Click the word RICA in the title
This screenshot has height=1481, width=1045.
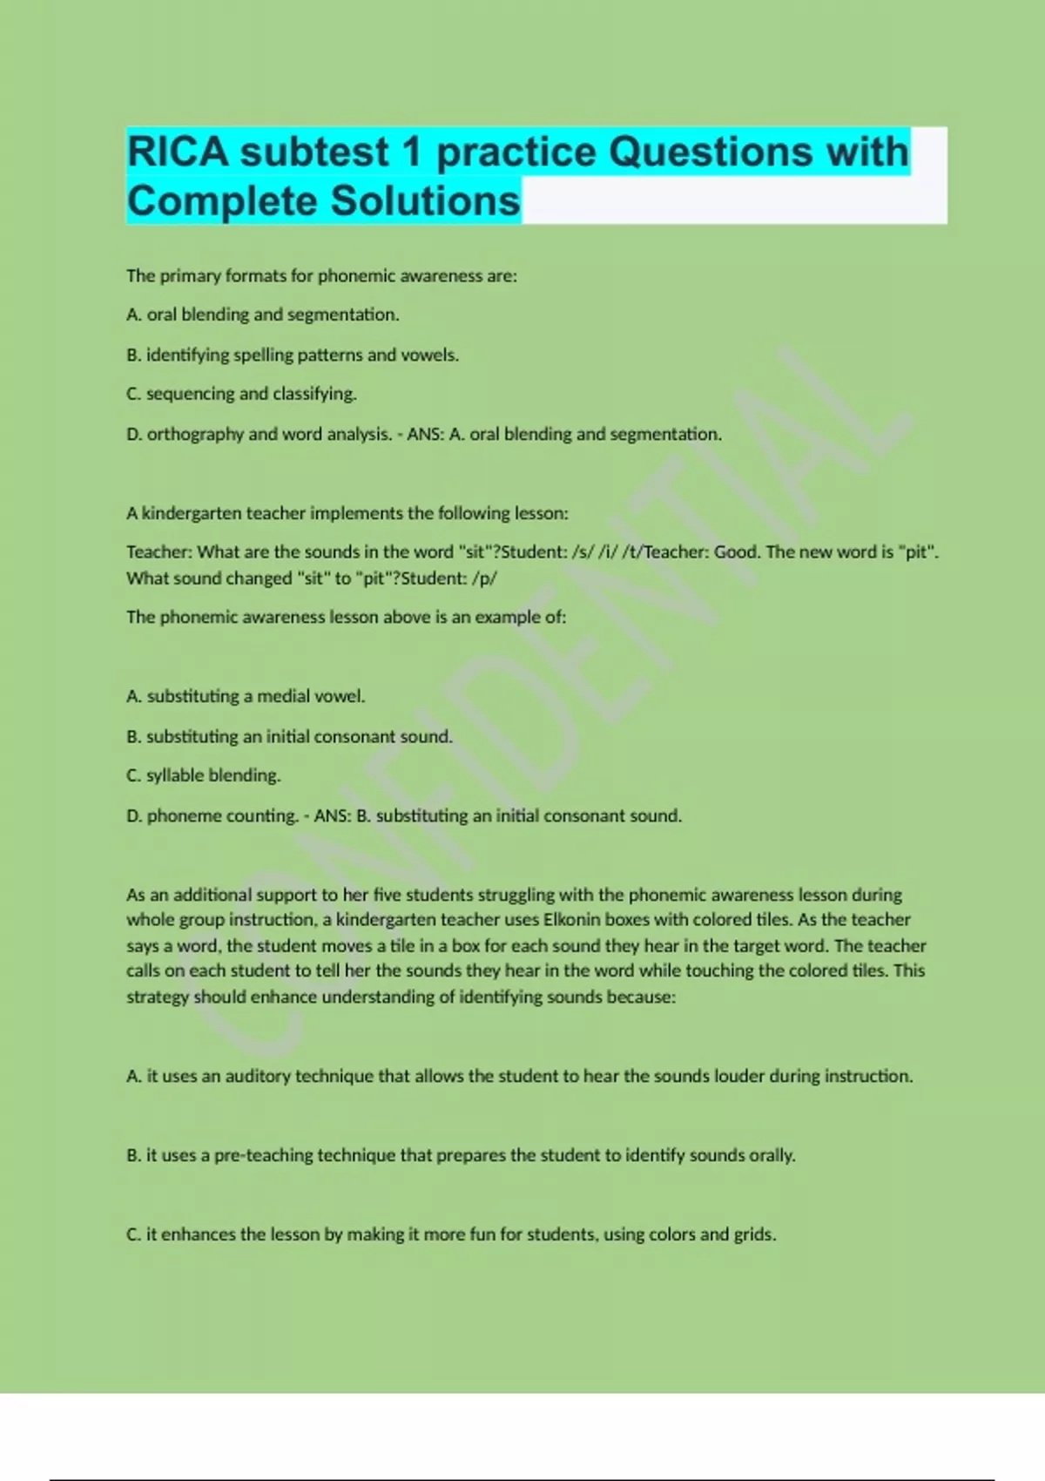click(x=179, y=152)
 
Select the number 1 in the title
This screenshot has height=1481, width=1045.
click(x=412, y=152)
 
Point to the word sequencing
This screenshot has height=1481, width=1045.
click(x=190, y=394)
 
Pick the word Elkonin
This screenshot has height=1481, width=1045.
click(x=572, y=919)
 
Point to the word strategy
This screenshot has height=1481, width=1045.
click(x=158, y=997)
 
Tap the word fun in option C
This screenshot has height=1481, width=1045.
click(x=482, y=1234)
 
